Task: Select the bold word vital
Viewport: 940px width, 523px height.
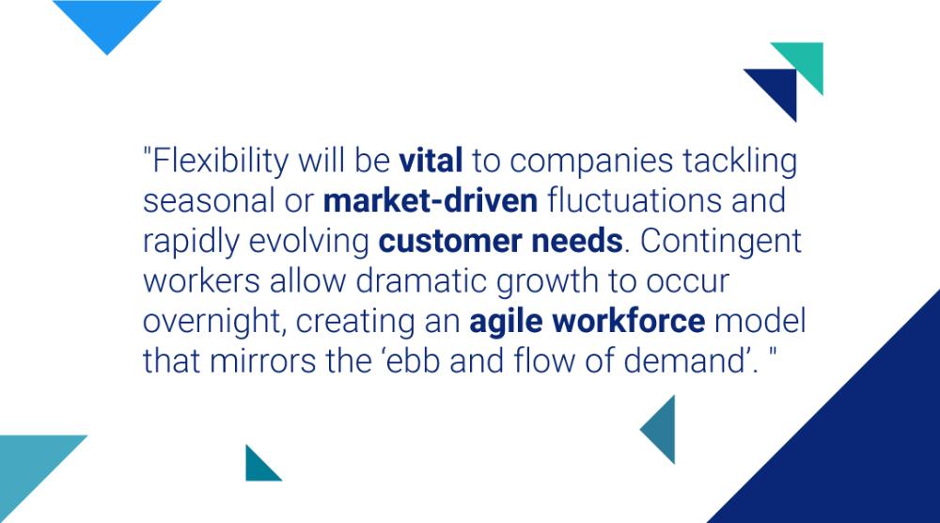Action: pyautogui.click(x=431, y=162)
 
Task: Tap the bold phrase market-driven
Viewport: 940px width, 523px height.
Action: pyautogui.click(x=430, y=201)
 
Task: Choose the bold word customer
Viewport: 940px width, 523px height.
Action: pyautogui.click(x=442, y=242)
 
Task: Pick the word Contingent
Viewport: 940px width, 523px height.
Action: pyautogui.click(x=719, y=242)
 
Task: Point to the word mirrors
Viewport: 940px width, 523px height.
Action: pyautogui.click(x=274, y=361)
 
